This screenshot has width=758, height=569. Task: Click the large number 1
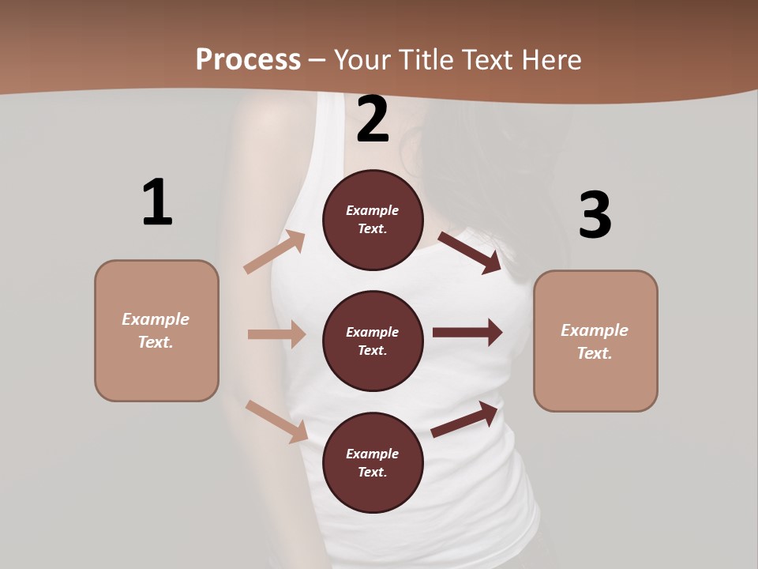pyautogui.click(x=157, y=202)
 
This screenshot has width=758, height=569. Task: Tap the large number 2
pyautogui.click(x=373, y=119)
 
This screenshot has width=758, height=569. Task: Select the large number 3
pyautogui.click(x=595, y=216)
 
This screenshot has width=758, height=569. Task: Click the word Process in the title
pyautogui.click(x=248, y=59)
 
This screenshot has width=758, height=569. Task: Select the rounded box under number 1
pyautogui.click(x=156, y=330)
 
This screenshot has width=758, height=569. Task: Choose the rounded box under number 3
pyautogui.click(x=595, y=341)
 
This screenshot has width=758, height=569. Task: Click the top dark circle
pyautogui.click(x=373, y=220)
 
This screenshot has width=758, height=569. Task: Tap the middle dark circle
pyautogui.click(x=373, y=341)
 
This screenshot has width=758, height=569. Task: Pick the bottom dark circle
pyautogui.click(x=373, y=462)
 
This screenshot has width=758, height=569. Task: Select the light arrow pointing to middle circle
pyautogui.click(x=276, y=334)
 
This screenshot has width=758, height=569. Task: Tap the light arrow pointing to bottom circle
pyautogui.click(x=276, y=421)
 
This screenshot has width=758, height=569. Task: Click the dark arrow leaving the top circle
pyautogui.click(x=470, y=252)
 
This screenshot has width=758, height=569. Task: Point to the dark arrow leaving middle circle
pyautogui.click(x=467, y=333)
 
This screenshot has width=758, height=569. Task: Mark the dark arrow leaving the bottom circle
pyautogui.click(x=464, y=420)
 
